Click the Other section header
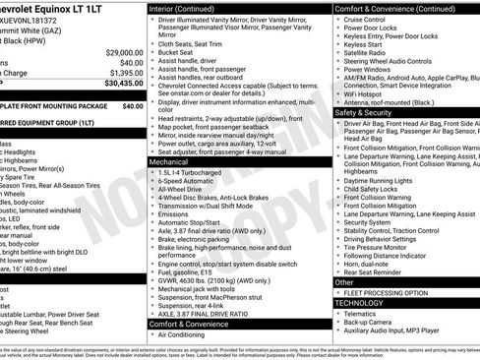coord(343,282)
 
